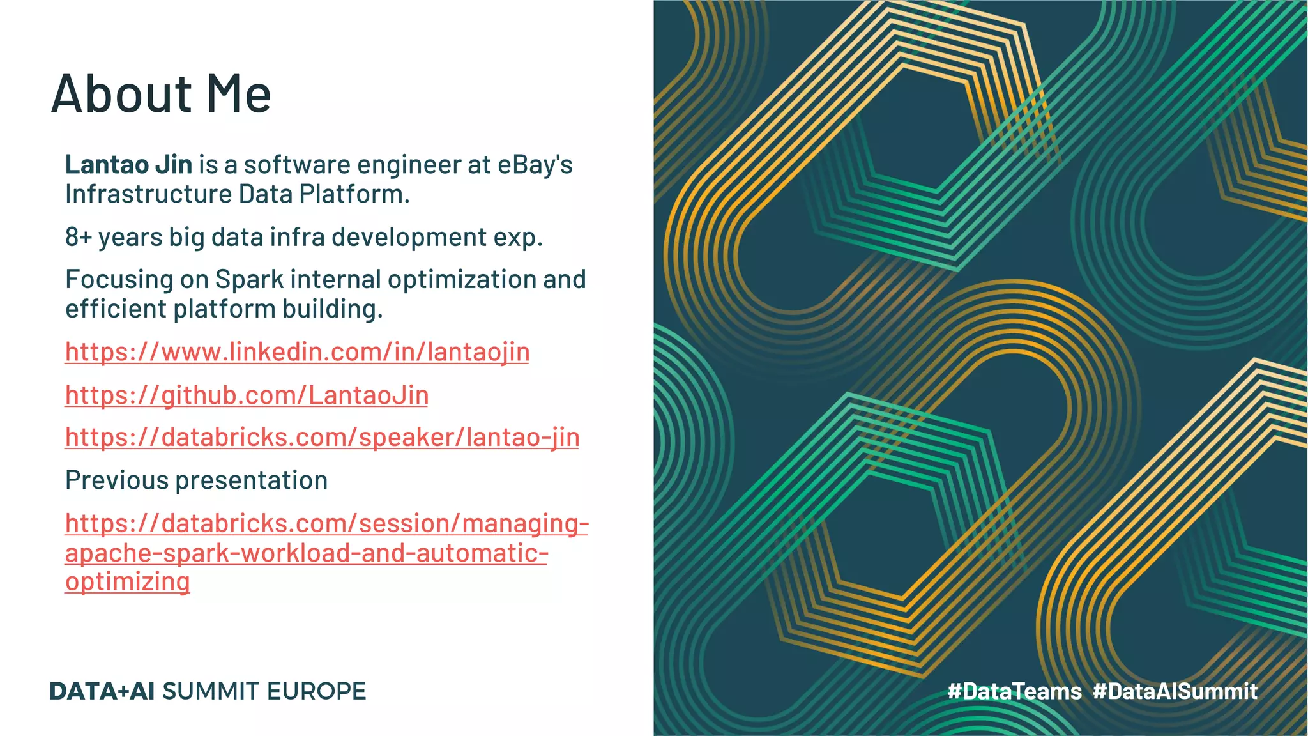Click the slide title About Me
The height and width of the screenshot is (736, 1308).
[161, 95]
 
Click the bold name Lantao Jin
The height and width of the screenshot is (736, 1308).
[128, 165]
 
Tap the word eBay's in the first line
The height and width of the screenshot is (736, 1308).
[535, 165]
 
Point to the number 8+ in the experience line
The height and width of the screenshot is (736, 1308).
[79, 237]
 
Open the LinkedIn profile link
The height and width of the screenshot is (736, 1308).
[297, 352]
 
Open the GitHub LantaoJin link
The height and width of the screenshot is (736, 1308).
[247, 395]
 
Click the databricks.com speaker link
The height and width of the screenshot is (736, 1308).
[322, 438]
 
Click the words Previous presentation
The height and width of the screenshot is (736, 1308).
[196, 480]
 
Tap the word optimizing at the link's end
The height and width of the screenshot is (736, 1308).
[127, 582]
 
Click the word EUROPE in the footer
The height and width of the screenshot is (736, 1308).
[316, 691]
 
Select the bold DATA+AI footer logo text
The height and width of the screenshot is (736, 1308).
[102, 691]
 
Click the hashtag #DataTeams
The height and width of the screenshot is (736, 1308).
[1014, 691]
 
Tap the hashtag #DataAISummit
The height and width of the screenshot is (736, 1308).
[1175, 691]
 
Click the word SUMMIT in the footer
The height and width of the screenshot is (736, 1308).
[211, 691]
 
